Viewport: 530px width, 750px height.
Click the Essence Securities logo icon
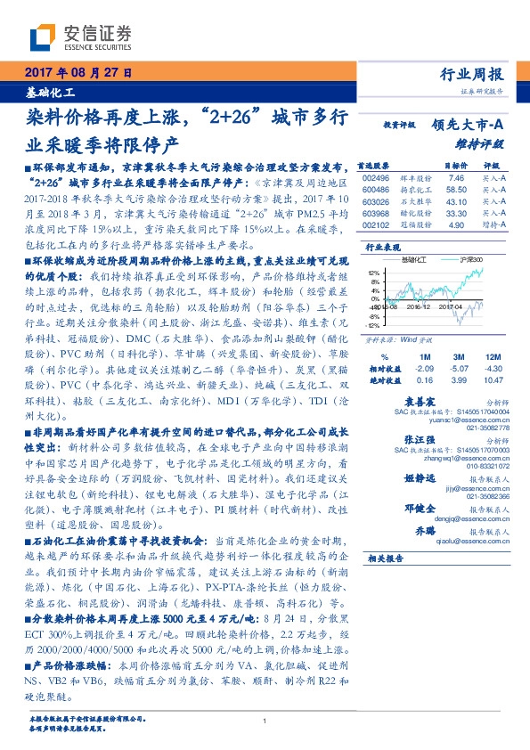coord(45,37)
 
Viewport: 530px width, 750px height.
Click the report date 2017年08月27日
coord(79,72)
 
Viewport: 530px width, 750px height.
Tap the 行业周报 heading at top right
coord(477,75)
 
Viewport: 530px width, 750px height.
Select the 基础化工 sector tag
coord(50,92)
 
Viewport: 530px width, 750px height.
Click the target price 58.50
coord(432,190)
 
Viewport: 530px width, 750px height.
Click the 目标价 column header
coord(431,166)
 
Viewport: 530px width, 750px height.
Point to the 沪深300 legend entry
coord(470,259)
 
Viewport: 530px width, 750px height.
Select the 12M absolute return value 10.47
coord(495,355)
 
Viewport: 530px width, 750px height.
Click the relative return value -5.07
coord(460,343)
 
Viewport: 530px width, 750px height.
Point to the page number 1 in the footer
coord(265,721)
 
